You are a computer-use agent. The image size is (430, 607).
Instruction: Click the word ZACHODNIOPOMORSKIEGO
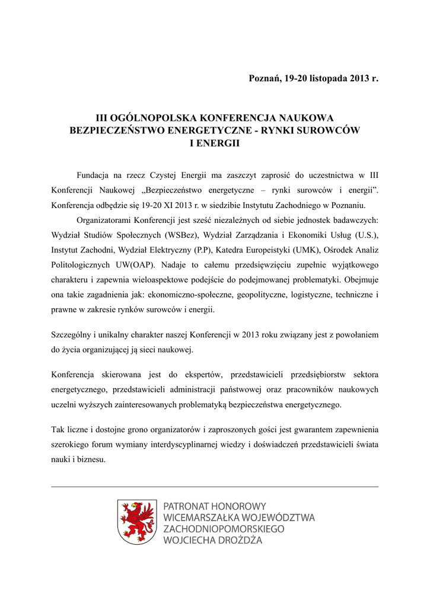coord(224,529)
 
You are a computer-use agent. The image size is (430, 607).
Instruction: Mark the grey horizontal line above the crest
coord(215,487)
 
